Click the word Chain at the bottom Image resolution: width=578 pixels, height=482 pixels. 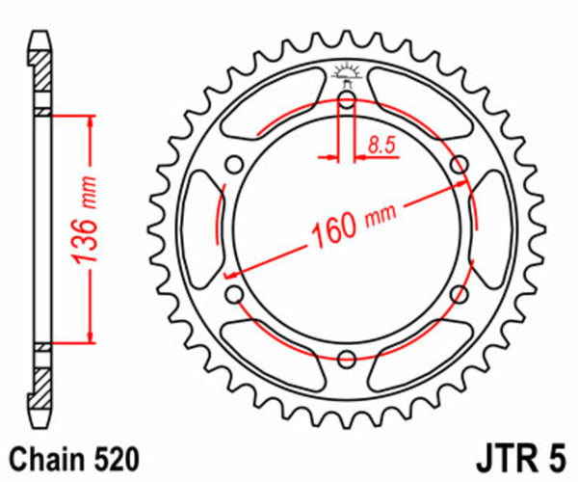click(43, 456)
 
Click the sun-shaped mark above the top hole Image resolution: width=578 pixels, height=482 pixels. click(346, 72)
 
